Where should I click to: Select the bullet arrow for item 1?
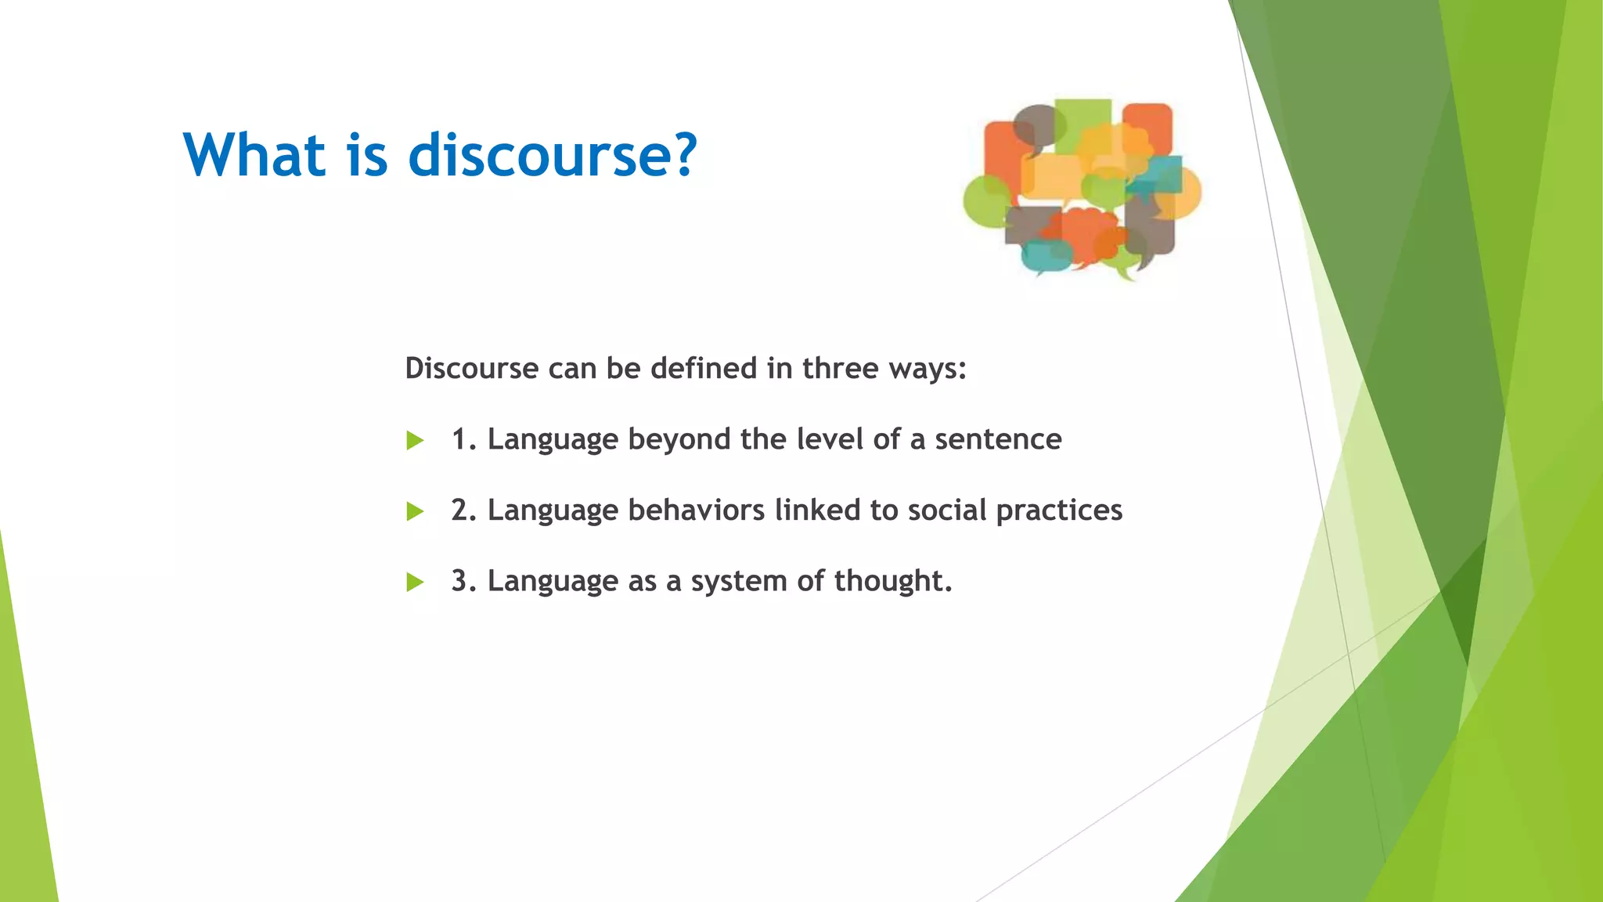[415, 441]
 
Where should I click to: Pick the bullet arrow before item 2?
[415, 512]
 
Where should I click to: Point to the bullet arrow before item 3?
[415, 583]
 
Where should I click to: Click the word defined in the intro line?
[704, 368]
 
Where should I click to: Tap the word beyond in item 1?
[679, 440]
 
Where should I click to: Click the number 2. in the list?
[463, 511]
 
